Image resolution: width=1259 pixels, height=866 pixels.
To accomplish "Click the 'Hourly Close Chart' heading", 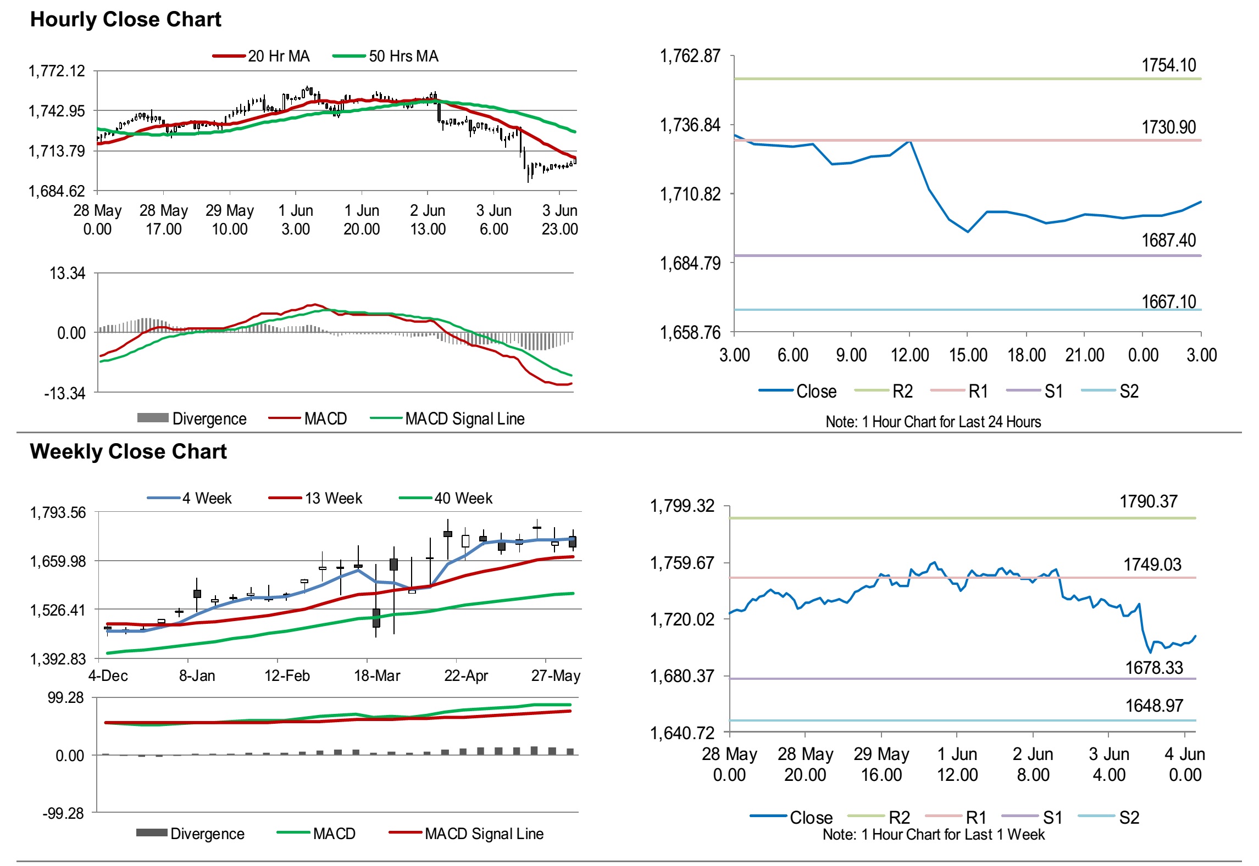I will (125, 20).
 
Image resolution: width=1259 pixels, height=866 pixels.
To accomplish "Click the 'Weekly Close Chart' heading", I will (128, 452).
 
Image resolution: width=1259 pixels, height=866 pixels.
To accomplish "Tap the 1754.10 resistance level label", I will (1168, 66).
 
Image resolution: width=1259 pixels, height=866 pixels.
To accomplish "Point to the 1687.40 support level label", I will (1168, 241).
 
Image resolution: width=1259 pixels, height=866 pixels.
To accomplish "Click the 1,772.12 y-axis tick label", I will (57, 71).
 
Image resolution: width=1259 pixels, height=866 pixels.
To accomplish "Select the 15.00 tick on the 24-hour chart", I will (968, 355).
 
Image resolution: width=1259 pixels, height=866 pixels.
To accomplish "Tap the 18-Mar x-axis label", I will (377, 675).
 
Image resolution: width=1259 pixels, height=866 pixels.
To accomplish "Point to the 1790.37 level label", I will (1149, 502).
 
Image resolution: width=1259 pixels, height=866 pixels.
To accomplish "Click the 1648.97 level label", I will (1154, 706).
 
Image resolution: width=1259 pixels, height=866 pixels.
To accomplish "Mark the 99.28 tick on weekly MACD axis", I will (66, 698).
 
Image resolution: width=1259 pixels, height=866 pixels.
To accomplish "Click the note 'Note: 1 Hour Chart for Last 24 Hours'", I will (933, 422).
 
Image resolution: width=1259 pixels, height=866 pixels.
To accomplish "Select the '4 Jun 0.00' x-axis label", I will (1185, 764).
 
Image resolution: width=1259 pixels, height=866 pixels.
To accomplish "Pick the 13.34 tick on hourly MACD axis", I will (68, 273).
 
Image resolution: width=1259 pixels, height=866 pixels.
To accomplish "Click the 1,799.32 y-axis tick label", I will (682, 506).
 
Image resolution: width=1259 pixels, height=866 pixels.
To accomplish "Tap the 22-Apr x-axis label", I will (466, 675).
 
